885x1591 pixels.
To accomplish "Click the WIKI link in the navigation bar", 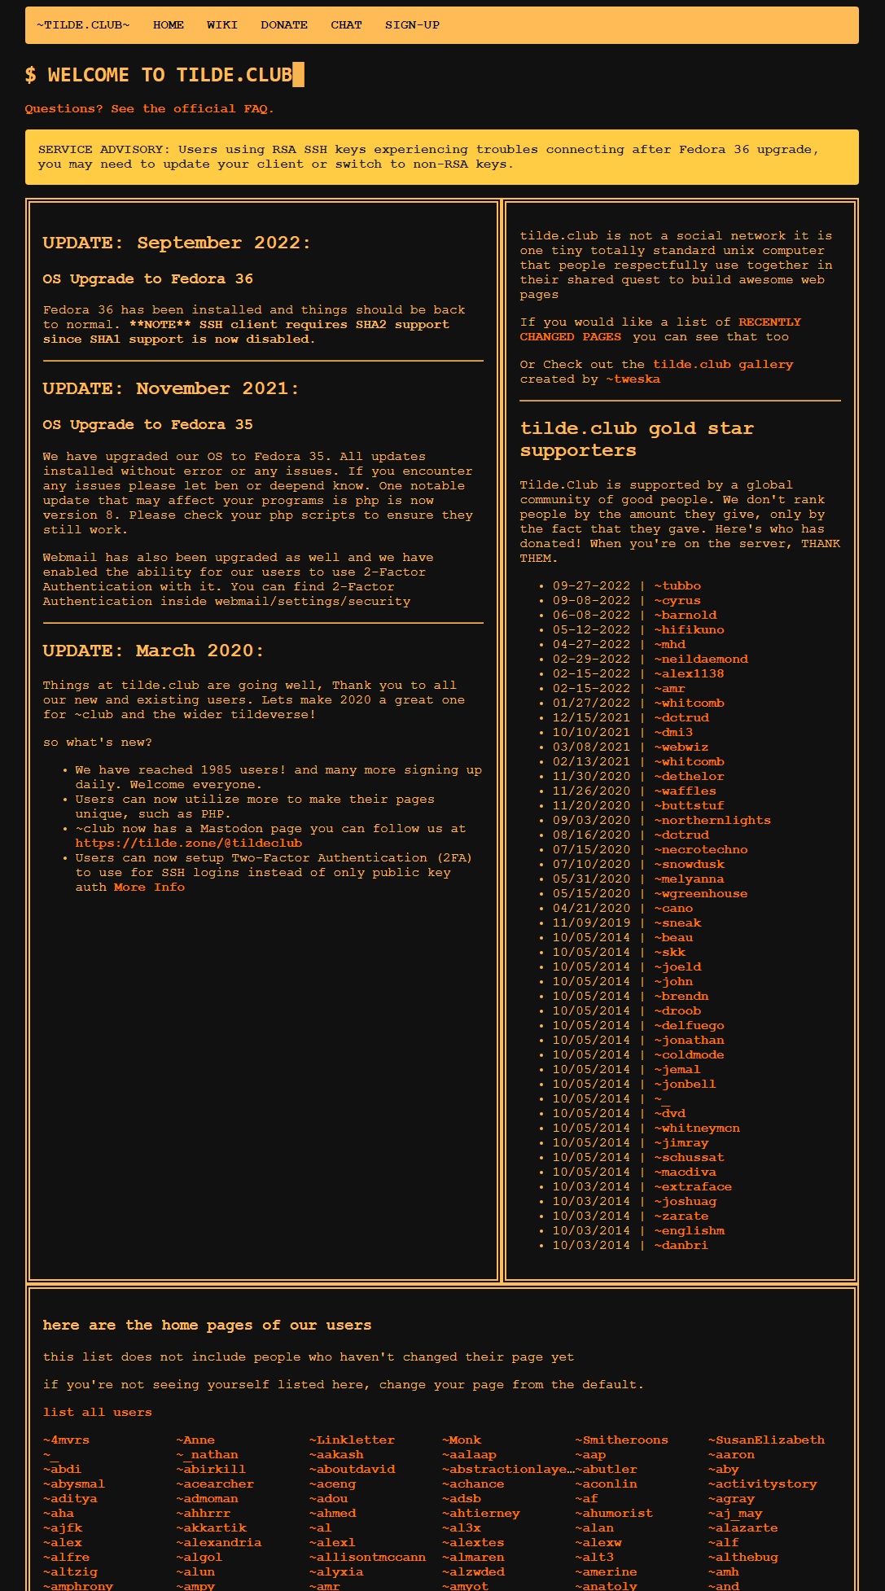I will [221, 25].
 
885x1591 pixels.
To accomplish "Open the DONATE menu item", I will [284, 25].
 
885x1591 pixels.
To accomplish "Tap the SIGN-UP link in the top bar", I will [412, 25].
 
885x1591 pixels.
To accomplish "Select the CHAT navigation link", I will [346, 25].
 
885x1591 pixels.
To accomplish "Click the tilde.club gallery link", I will [723, 365].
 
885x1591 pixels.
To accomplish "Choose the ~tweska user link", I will [633, 379].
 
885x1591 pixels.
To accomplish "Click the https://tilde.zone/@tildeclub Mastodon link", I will [189, 844].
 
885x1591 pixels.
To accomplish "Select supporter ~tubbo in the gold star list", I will [677, 586].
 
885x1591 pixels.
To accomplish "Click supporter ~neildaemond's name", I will [701, 660].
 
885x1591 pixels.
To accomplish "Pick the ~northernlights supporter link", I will [712, 821].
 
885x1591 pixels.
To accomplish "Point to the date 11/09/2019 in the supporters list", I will [591, 923].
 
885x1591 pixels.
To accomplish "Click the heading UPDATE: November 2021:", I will [171, 389].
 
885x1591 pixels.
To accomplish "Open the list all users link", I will [98, 1413].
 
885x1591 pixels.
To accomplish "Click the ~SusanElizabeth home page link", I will [766, 1440].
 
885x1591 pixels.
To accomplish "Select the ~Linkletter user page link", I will [352, 1440].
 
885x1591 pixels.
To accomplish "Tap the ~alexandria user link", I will [219, 1543].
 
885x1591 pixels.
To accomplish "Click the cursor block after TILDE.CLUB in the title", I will [299, 75].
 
